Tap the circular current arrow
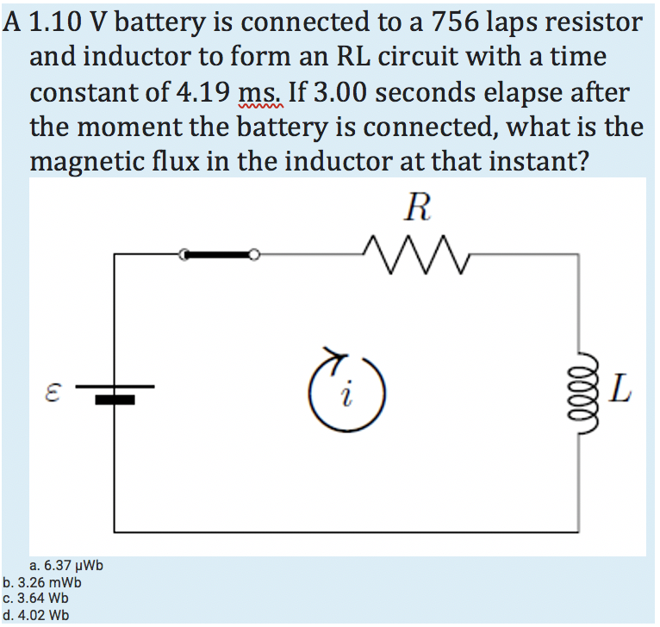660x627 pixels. [x=346, y=392]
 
